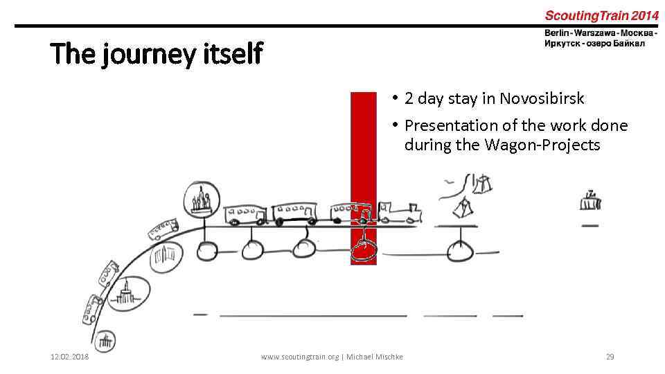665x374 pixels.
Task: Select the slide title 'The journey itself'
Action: [157, 53]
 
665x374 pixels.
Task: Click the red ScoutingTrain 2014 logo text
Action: [601, 15]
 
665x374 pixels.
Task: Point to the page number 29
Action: [610, 357]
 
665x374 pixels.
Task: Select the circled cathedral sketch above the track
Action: [201, 201]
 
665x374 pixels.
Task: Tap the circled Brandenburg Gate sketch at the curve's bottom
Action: [105, 340]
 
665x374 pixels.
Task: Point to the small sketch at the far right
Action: [590, 201]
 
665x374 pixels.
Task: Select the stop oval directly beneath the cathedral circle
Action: [206, 250]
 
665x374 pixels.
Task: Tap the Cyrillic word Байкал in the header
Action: [628, 44]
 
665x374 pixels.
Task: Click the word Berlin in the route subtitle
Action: [559, 33]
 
